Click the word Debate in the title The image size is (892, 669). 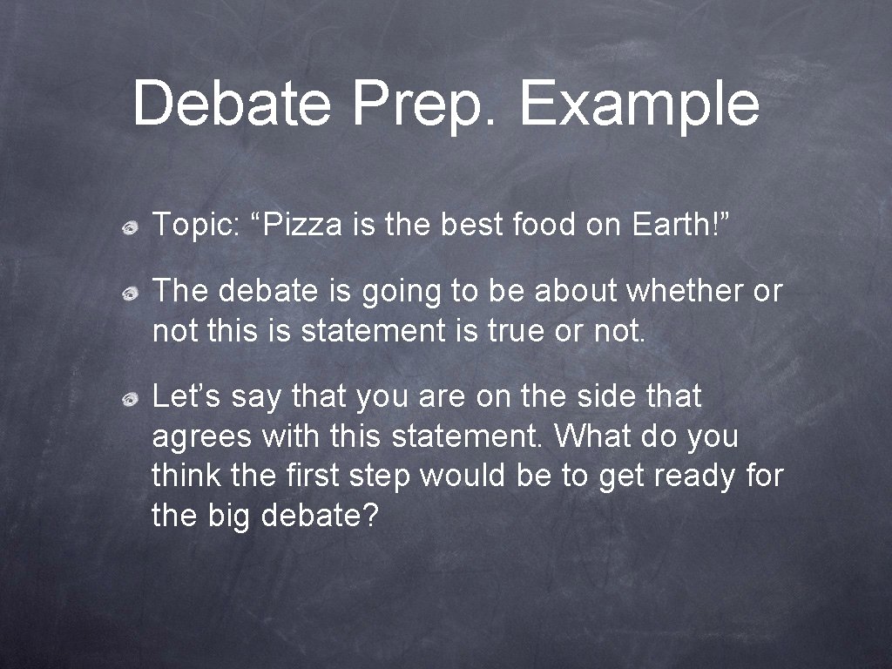[232, 103]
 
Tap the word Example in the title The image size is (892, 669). [639, 105]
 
